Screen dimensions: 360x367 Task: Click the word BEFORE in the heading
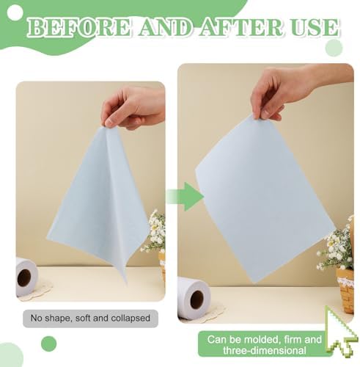tap(78, 27)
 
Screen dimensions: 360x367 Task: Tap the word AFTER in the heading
tap(243, 27)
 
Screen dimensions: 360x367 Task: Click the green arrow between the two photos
tap(185, 197)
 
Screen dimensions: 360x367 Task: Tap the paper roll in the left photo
tap(26, 277)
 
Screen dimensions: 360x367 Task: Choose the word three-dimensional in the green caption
tap(265, 350)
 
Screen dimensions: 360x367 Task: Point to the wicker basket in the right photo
tap(345, 290)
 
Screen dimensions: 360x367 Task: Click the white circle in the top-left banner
tap(15, 13)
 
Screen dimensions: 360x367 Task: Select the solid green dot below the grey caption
tap(49, 344)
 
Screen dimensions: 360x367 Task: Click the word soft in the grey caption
tap(84, 319)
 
